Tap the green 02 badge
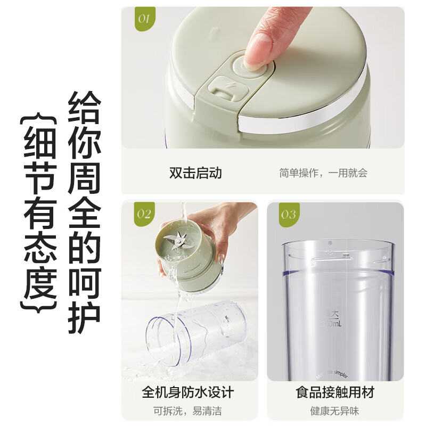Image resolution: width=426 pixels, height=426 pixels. click(143, 214)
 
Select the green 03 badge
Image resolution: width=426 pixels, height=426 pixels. click(288, 214)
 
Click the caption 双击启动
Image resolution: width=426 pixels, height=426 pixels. click(195, 173)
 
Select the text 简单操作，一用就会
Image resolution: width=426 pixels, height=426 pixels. click(323, 173)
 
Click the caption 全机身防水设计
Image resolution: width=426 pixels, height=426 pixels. click(187, 393)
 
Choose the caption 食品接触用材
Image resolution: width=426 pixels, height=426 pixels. click(335, 393)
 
